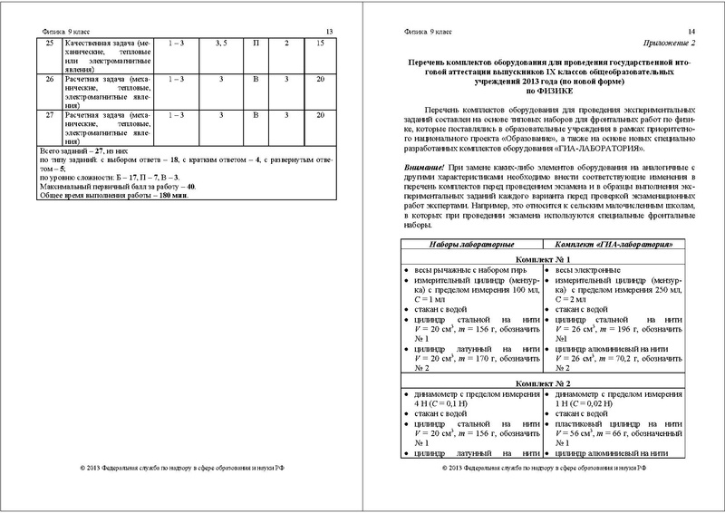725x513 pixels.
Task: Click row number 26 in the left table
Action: point(49,80)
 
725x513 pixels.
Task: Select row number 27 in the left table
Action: point(49,116)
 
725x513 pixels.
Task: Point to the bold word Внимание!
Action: point(419,169)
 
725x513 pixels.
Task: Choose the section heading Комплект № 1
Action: point(543,259)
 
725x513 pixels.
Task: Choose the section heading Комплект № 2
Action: point(543,384)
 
